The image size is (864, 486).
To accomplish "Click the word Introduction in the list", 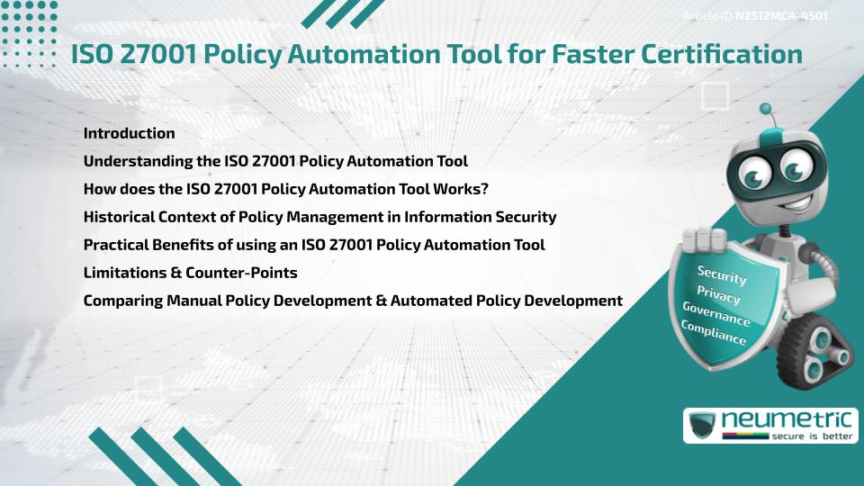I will pos(129,133).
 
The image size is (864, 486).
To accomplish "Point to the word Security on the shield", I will pos(723,275).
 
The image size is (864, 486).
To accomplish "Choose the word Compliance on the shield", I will pos(714,333).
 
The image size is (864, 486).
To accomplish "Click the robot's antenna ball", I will pos(766,110).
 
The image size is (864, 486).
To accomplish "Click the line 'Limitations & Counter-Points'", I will pos(190,272).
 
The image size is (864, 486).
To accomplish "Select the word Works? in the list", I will pos(472,189).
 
